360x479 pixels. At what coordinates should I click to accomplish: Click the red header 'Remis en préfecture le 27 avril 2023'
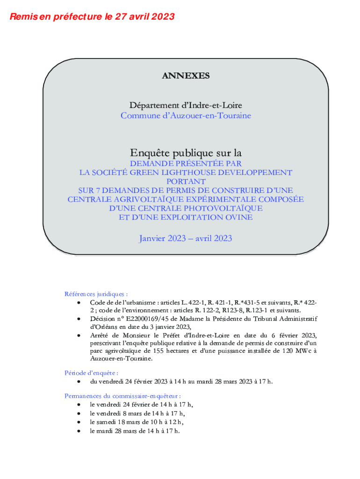pyautogui.click(x=92, y=17)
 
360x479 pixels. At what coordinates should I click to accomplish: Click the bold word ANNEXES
pyautogui.click(x=186, y=76)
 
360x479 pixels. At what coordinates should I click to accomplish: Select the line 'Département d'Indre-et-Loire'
pyautogui.click(x=186, y=106)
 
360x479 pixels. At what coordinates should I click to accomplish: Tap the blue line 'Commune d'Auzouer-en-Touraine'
pyautogui.click(x=186, y=115)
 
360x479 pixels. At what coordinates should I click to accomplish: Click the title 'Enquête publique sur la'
pyautogui.click(x=186, y=153)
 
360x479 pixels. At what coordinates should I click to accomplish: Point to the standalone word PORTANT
pyautogui.click(x=186, y=181)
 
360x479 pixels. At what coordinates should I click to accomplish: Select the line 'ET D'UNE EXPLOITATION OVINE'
pyautogui.click(x=186, y=217)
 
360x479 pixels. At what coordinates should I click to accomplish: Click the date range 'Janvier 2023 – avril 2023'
pyautogui.click(x=186, y=239)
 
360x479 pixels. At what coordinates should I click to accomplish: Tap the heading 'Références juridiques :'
pyautogui.click(x=96, y=294)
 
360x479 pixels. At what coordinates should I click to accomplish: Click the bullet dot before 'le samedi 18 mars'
pyautogui.click(x=79, y=422)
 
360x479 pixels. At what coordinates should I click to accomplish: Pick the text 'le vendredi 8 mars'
pyautogui.click(x=116, y=413)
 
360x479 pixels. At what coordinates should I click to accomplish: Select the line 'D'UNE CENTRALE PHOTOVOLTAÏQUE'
pyautogui.click(x=186, y=208)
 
